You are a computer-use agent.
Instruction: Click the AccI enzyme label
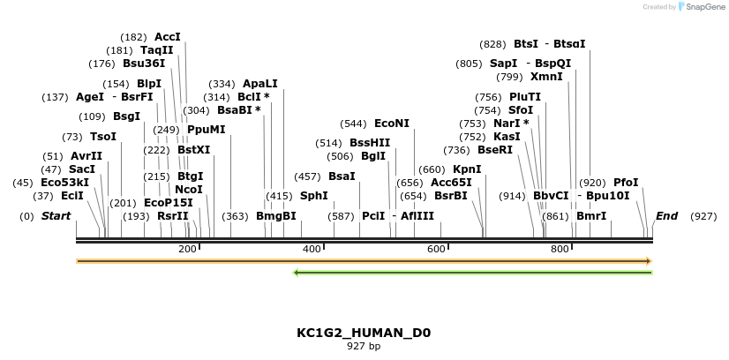click(x=167, y=37)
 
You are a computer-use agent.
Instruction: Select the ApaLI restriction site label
click(x=259, y=84)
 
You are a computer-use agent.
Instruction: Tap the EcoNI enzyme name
click(x=392, y=124)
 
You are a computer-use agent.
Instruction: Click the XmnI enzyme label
click(x=546, y=77)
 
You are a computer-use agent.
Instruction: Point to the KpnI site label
click(x=467, y=169)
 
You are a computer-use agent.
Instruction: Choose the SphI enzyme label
click(x=313, y=196)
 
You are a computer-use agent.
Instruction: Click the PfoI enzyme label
click(x=626, y=183)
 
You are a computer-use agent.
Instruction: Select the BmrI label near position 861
click(x=591, y=216)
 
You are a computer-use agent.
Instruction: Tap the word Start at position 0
click(x=56, y=216)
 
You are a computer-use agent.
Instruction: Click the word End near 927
click(x=666, y=216)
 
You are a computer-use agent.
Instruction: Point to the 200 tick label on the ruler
click(x=187, y=250)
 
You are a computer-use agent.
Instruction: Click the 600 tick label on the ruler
click(x=436, y=250)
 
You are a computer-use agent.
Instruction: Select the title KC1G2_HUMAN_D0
click(x=364, y=333)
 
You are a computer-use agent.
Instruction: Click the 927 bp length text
click(x=364, y=346)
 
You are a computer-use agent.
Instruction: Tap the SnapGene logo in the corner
click(x=702, y=7)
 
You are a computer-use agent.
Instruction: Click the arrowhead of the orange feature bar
click(x=648, y=261)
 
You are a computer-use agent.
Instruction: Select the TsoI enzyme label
click(x=102, y=137)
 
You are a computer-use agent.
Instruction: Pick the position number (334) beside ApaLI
click(x=221, y=84)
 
